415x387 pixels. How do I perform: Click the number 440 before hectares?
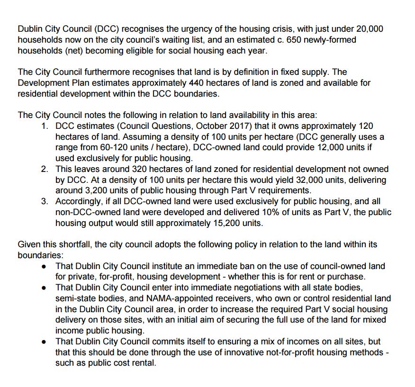pyautogui.click(x=198, y=83)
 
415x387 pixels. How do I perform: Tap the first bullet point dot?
pyautogui.click(x=44, y=266)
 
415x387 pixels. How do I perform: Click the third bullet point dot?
pyautogui.click(x=44, y=342)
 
